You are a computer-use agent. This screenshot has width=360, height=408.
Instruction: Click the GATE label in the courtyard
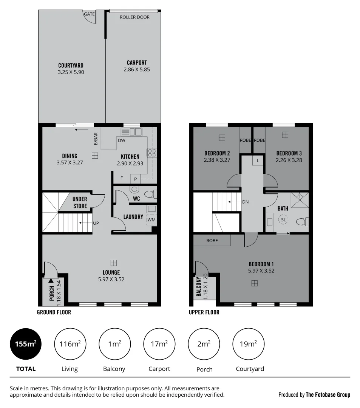(x=90, y=14)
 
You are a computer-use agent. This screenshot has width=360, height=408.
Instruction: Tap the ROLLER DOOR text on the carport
(x=134, y=17)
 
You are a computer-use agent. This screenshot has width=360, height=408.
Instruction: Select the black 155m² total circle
(x=26, y=344)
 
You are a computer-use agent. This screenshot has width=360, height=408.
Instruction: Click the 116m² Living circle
(x=70, y=344)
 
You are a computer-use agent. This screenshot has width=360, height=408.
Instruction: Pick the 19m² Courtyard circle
(x=248, y=344)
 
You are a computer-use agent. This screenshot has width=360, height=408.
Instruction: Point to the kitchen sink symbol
(x=131, y=132)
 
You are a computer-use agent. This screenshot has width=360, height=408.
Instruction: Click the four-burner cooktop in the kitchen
(x=152, y=153)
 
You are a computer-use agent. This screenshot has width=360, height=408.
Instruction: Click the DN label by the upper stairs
(x=246, y=202)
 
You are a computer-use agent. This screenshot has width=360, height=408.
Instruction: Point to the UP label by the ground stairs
(x=96, y=223)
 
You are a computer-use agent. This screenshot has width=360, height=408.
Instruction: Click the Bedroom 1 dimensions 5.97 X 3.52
(x=261, y=270)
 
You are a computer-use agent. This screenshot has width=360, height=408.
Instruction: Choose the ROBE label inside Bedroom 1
(x=212, y=240)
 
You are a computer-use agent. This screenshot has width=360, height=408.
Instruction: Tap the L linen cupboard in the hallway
(x=258, y=161)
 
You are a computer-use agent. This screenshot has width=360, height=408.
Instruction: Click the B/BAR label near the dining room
(x=96, y=139)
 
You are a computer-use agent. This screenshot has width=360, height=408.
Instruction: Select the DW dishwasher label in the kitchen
(x=122, y=141)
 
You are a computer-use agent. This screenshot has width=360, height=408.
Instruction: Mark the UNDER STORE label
(x=80, y=202)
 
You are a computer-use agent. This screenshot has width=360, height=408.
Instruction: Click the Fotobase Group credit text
(x=314, y=395)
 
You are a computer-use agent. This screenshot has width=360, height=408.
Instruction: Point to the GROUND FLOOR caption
(x=54, y=312)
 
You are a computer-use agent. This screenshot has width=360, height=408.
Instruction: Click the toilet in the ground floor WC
(x=149, y=194)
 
